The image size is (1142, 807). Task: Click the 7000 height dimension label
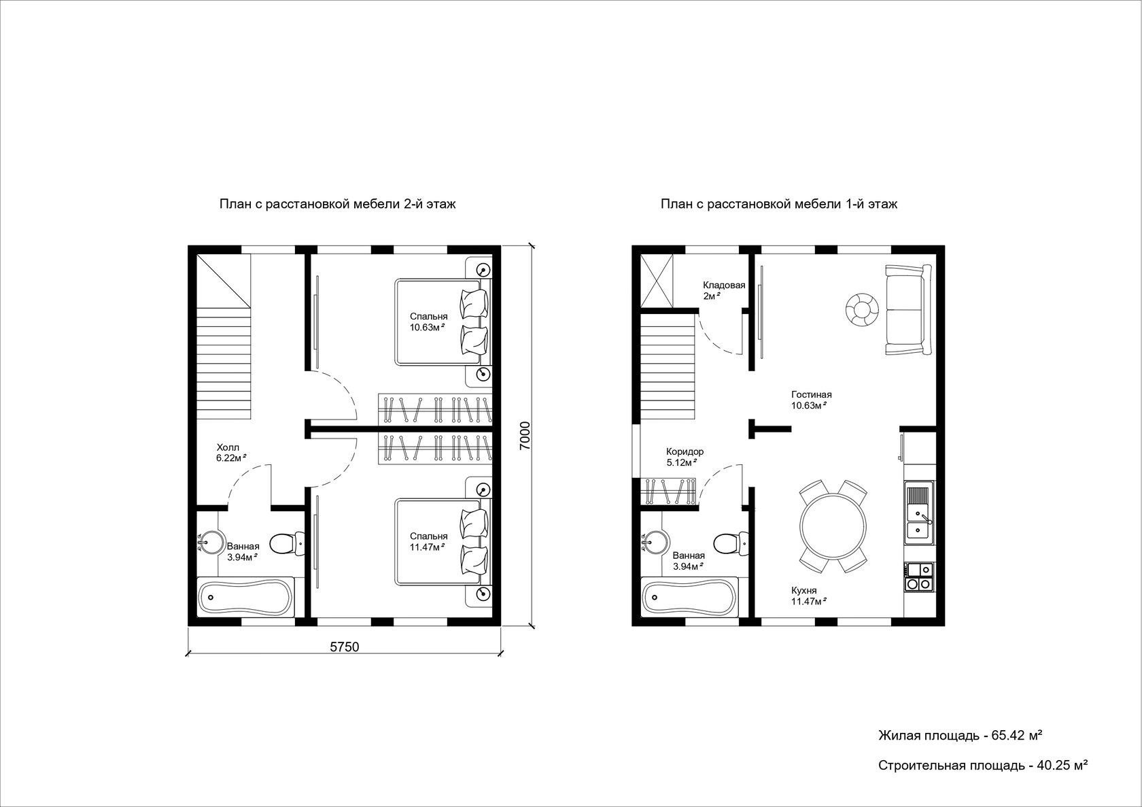[525, 436]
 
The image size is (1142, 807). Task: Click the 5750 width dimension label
[345, 647]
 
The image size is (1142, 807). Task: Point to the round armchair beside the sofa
[862, 309]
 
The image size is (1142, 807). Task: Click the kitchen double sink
[919, 513]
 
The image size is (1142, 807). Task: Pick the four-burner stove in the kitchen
[919, 577]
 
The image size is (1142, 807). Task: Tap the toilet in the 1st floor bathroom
[731, 543]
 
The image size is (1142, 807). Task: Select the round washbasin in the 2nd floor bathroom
[211, 543]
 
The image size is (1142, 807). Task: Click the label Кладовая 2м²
[724, 290]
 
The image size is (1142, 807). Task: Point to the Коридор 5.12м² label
[685, 458]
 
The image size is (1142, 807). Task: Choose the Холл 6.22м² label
[231, 453]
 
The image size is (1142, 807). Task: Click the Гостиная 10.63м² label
[811, 400]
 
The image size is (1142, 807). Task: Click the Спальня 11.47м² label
[428, 541]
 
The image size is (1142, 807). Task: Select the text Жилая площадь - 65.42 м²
[960, 736]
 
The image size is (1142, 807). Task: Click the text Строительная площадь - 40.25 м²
[984, 766]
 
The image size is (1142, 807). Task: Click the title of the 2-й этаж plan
[337, 204]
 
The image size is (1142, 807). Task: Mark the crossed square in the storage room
[657, 281]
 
